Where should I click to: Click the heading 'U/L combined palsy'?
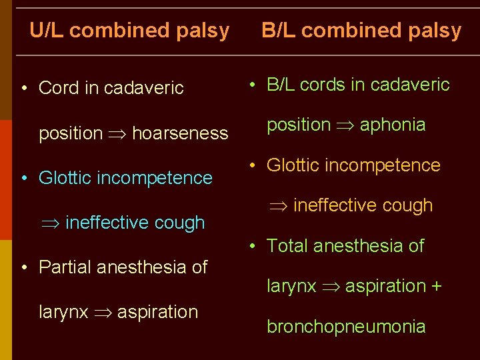(129, 31)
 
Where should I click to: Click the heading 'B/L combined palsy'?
(361, 31)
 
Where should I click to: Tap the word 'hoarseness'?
(180, 133)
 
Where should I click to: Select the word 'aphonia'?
(393, 125)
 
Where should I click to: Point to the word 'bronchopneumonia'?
(346, 327)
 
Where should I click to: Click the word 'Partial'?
(65, 267)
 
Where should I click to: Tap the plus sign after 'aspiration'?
(437, 287)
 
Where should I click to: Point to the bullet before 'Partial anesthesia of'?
(24, 268)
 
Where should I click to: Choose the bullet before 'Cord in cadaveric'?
(24, 89)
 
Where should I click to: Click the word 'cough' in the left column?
(180, 223)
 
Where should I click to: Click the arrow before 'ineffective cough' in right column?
(278, 206)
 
